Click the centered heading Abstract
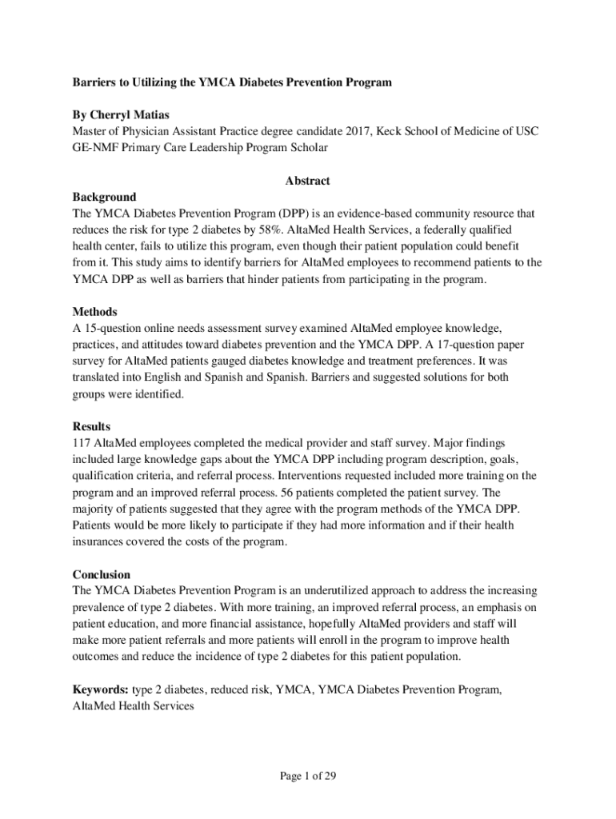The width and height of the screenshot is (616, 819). click(307, 181)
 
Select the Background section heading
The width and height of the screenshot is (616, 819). click(104, 197)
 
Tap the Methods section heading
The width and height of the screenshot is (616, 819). click(95, 311)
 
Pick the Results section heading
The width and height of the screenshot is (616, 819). click(91, 426)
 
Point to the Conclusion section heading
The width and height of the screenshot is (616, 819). click(102, 574)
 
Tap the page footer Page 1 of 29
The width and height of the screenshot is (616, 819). click(307, 775)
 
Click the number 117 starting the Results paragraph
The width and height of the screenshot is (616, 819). click(82, 442)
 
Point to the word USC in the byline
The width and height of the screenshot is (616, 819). click(525, 131)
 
